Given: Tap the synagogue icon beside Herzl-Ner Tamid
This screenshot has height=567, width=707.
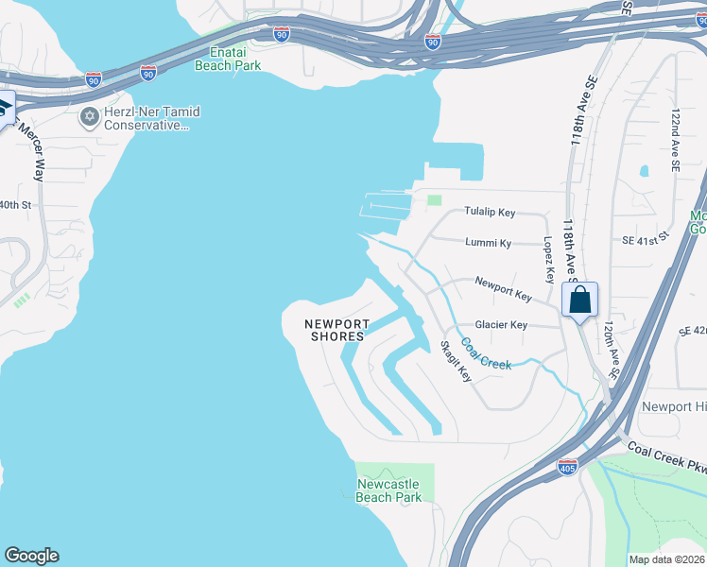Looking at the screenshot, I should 90,117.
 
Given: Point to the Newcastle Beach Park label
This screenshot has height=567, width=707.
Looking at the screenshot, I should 388,490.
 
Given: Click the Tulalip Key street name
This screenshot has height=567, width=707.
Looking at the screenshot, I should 489,213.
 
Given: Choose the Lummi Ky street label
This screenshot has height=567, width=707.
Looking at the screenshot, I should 488,243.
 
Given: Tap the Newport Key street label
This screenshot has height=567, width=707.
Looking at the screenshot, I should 503,288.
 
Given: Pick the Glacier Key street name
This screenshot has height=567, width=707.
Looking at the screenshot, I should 501,325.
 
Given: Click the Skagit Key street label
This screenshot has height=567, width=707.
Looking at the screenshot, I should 456,360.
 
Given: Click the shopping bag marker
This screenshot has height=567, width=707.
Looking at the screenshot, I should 580,301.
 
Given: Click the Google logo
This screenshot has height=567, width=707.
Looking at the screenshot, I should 31,556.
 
